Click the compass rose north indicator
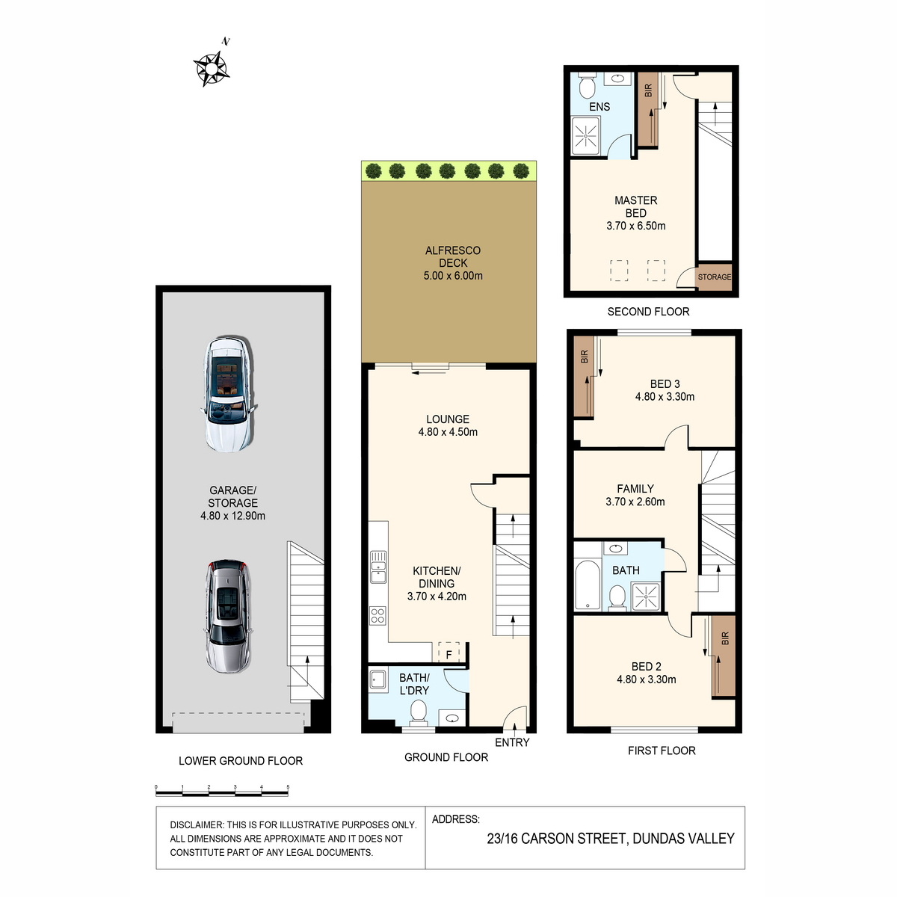(212, 68)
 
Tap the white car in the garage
(229, 394)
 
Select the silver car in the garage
(228, 616)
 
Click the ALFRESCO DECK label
(452, 256)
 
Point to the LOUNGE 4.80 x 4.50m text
(448, 425)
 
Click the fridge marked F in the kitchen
(449, 652)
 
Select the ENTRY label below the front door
(512, 742)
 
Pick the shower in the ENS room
(585, 135)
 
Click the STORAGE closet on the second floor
(715, 277)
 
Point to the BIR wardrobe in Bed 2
(724, 656)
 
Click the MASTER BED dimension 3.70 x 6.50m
(636, 226)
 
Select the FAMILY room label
(635, 489)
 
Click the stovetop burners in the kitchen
(377, 616)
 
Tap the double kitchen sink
(378, 567)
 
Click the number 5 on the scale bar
(288, 787)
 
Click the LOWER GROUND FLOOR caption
(241, 761)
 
